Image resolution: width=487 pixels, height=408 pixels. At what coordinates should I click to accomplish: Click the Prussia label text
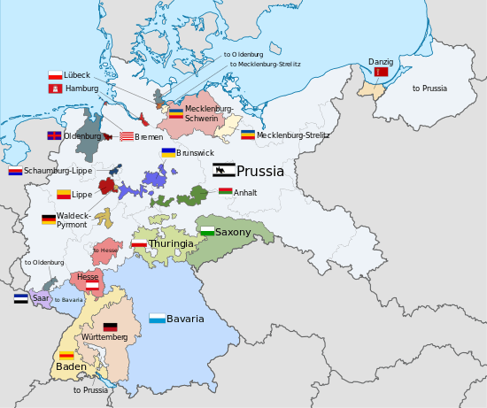(260, 172)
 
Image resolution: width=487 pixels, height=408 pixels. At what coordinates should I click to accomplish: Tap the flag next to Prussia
(224, 171)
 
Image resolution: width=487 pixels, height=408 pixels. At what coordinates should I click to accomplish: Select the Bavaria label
(185, 319)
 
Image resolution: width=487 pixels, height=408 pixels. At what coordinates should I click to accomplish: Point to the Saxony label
(233, 232)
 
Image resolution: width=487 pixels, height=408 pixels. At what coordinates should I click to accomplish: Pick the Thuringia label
(171, 243)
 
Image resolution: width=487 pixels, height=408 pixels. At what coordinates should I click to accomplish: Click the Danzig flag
(382, 72)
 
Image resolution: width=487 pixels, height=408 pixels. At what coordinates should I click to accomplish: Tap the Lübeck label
(77, 76)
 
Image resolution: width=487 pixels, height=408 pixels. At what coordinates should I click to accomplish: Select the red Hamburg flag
(55, 89)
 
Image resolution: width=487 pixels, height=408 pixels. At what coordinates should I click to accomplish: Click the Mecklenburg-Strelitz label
(293, 135)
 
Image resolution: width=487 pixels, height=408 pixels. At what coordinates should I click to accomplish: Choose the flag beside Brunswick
(167, 152)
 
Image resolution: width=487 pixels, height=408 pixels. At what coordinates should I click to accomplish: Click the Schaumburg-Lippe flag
(15, 171)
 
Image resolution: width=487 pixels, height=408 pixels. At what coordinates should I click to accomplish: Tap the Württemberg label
(104, 337)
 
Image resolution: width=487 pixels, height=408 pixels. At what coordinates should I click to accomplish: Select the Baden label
(71, 366)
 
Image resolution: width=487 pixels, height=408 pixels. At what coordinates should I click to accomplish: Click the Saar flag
(20, 299)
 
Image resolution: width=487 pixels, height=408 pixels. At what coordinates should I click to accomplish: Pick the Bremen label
(149, 137)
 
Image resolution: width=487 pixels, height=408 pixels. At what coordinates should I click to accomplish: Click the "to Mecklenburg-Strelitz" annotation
(265, 65)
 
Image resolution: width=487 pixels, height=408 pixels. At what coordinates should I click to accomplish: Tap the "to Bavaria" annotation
(68, 300)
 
